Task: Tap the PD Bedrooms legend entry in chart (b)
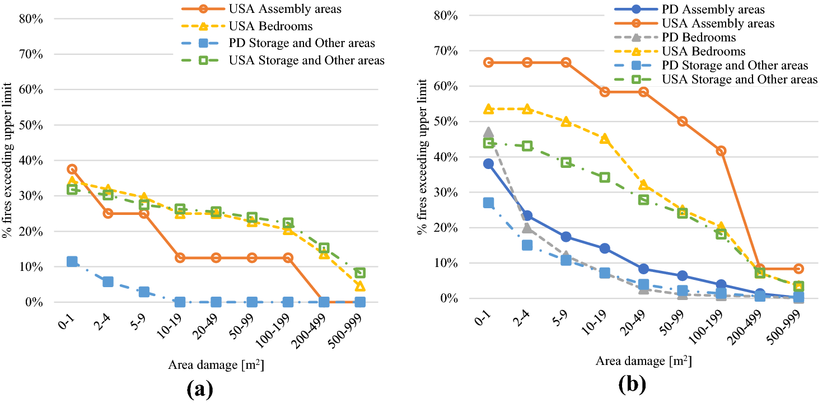697,38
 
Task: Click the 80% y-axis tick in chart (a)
32,19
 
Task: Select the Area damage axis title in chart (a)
216,365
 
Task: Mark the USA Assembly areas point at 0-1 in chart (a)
72,169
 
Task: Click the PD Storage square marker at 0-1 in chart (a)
72,261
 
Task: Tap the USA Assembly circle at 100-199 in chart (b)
721,151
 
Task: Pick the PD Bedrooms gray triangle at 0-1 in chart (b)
488,133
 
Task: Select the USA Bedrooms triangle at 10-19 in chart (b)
605,139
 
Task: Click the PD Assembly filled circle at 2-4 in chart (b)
527,215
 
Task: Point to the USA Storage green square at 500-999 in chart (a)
360,273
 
